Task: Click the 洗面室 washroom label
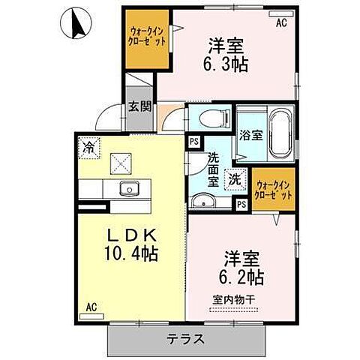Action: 214,169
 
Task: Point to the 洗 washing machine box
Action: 235,179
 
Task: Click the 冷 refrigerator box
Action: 88,147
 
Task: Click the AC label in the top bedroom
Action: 281,23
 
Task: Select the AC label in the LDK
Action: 91,307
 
